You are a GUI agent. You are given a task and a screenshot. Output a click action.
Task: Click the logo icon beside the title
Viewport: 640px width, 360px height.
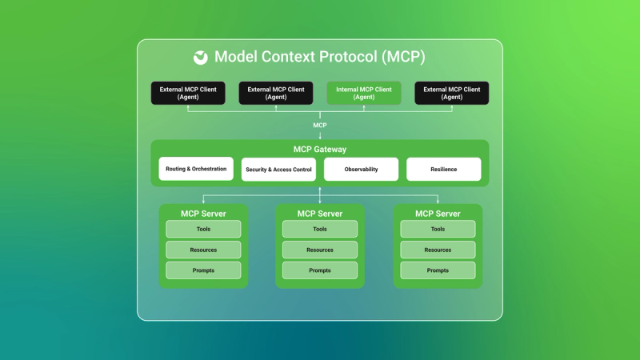201,58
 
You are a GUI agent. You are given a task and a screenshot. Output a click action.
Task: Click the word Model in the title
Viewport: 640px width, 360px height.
236,57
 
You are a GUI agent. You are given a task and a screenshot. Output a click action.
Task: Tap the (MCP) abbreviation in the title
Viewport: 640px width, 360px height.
403,57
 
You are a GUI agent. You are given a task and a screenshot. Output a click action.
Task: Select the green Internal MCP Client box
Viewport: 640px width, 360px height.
364,93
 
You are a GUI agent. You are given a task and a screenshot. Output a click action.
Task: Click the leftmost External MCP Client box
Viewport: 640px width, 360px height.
188,93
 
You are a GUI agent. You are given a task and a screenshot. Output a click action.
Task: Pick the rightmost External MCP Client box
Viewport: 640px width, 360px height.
452,93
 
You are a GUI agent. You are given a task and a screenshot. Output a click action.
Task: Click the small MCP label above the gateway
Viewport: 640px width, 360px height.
319,126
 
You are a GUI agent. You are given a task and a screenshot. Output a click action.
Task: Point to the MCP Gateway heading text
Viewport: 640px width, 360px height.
319,150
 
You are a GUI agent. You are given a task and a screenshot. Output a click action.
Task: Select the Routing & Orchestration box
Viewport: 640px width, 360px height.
196,169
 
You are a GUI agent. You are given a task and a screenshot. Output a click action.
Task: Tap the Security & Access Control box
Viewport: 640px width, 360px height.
278,170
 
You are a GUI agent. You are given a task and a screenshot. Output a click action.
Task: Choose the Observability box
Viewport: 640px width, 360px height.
362,169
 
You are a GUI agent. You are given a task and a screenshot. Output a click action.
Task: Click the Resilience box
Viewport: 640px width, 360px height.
444,169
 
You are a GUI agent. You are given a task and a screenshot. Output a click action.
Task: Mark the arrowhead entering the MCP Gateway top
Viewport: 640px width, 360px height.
319,138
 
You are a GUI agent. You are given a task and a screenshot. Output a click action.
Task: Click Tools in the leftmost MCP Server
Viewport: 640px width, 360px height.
203,229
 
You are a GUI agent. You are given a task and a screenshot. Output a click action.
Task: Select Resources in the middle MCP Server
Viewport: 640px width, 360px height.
319,250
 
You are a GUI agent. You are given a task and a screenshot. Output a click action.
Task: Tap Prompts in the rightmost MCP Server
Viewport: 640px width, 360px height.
438,270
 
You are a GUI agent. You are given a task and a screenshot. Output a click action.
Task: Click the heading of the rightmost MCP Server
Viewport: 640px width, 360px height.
438,214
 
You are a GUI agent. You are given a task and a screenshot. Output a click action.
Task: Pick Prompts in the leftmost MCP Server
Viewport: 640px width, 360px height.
203,270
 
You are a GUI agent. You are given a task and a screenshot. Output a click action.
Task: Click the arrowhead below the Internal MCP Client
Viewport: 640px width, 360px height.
364,107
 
